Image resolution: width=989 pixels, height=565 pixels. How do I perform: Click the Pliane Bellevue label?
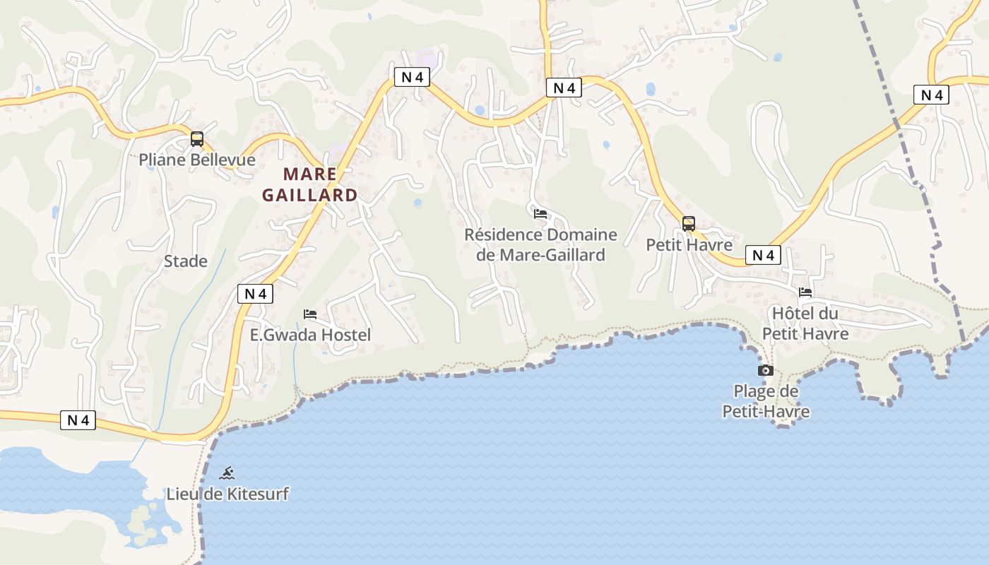coord(196,160)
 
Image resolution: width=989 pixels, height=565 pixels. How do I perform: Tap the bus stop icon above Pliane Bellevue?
coord(197,139)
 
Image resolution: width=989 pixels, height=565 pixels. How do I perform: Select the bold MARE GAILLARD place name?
coord(310,184)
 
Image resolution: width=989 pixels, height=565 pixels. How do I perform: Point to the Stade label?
coord(186,261)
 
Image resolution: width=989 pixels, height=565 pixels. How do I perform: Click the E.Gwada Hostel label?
coord(310,335)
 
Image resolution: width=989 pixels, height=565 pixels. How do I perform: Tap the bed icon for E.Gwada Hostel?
coord(310,314)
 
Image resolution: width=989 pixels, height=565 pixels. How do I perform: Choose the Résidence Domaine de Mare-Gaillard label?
coord(540,244)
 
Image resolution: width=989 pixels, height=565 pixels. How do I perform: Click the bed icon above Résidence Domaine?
coord(540,213)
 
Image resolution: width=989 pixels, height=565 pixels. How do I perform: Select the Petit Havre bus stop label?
coord(689,245)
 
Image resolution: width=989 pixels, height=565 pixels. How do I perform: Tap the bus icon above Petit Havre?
coord(689,224)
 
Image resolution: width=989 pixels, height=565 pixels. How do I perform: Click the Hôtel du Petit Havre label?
coord(805,323)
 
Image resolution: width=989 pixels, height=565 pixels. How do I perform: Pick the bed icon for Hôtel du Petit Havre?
coord(805,292)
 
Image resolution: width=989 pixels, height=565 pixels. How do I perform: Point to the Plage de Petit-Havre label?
coord(766,401)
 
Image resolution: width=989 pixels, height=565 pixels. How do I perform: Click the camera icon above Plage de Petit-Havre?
coord(765,371)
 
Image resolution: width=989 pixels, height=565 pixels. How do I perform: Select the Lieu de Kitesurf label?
coord(227,494)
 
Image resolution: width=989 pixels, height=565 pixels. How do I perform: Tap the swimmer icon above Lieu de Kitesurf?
coord(227,473)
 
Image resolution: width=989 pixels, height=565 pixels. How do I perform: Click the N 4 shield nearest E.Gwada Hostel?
coord(255,294)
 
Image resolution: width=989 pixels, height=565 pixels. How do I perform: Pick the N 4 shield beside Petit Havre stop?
coord(763,256)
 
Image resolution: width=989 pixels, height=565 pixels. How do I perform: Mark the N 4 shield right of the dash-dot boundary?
coord(931,95)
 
